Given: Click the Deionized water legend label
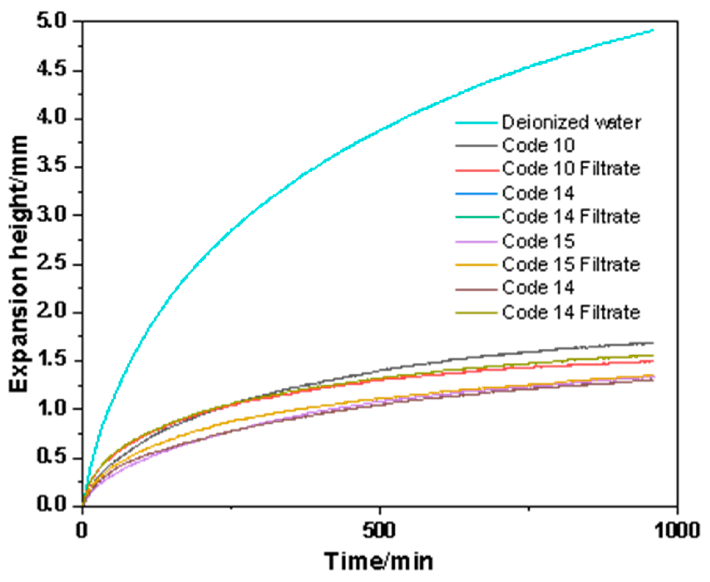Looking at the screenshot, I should pos(571,122).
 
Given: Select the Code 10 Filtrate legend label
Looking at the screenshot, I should pos(571,169).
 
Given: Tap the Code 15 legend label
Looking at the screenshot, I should pos(538,241).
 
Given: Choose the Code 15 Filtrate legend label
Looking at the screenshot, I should pos(571,265).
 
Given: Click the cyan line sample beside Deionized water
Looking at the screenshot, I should pos(477,123).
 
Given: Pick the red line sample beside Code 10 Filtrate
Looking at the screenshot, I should pos(477,170).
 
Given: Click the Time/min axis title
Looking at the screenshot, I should pos(379,561).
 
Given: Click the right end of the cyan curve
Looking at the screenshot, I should pos(653,30).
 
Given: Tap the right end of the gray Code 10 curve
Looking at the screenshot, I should pos(653,343).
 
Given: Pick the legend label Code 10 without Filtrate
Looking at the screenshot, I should pos(538,145).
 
